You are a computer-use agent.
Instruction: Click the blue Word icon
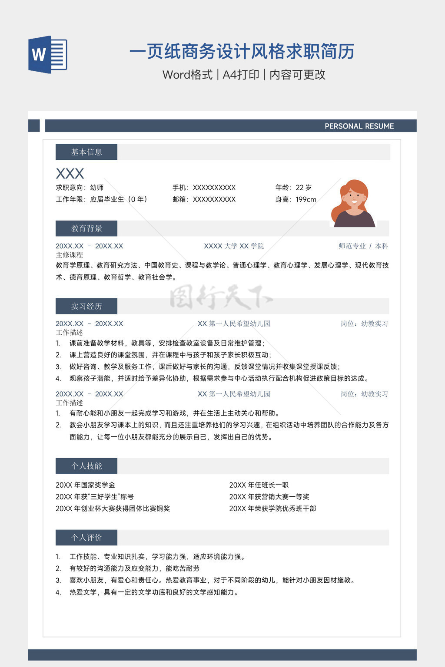[x=47, y=54]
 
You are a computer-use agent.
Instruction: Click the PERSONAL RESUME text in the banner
[x=359, y=126]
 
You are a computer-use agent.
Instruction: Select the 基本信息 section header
[x=86, y=152]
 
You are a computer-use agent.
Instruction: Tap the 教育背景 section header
[x=86, y=228]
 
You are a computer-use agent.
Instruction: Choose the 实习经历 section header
[x=86, y=306]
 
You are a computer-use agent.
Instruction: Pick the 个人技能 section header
[x=86, y=466]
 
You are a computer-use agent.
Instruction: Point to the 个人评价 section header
[x=86, y=538]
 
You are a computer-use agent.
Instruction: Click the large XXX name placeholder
[x=70, y=174]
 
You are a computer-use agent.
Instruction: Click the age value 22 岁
[x=304, y=188]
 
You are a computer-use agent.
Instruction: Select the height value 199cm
[x=306, y=199]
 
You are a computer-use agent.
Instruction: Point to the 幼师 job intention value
[x=97, y=188]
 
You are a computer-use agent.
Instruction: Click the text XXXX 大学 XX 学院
[x=234, y=246]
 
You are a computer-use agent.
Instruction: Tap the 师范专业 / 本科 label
[x=363, y=246]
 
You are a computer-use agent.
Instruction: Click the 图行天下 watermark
[x=221, y=297]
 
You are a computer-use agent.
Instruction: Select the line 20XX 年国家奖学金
[x=85, y=485]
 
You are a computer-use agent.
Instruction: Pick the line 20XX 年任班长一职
[x=259, y=485]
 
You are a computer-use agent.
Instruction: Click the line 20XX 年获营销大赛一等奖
[x=269, y=497]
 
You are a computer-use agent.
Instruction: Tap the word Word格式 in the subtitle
[x=187, y=75]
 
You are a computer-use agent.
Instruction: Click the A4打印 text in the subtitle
[x=241, y=75]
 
